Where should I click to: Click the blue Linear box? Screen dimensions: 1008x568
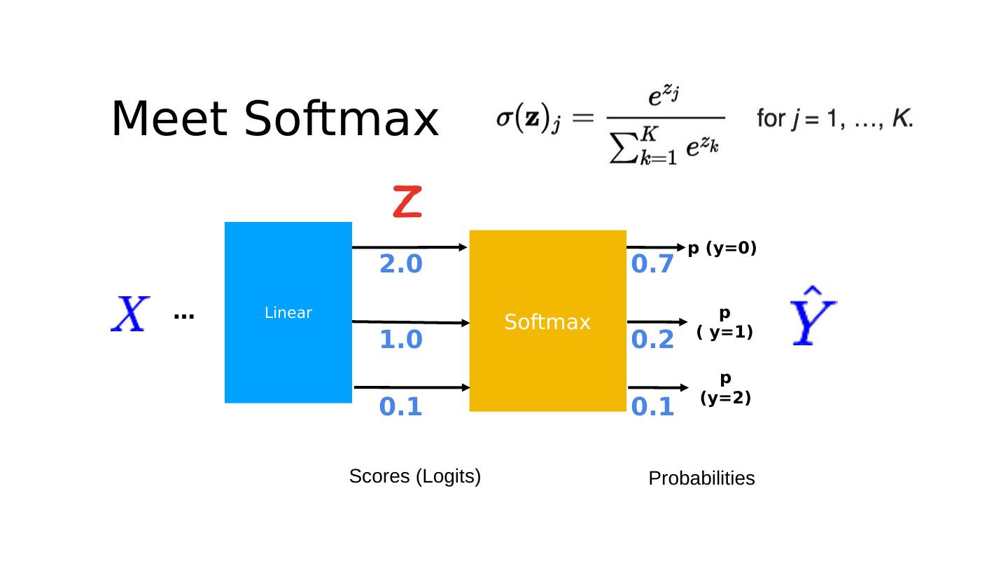tap(288, 312)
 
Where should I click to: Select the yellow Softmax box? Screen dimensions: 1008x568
tap(547, 321)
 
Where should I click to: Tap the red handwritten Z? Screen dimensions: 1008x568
tap(407, 202)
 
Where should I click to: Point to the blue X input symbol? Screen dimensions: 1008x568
tap(130, 314)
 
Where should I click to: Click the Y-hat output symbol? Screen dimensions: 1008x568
tap(813, 316)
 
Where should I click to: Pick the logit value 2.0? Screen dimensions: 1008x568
tap(400, 265)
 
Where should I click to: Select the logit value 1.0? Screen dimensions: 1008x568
tap(400, 340)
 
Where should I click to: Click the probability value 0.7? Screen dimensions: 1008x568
tap(652, 265)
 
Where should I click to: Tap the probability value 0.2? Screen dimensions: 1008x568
tap(652, 340)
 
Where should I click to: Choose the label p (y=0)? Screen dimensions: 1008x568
tap(722, 249)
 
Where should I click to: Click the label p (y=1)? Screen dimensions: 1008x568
tap(724, 323)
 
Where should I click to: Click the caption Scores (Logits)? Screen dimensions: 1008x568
tap(414, 477)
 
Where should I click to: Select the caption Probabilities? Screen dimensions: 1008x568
tap(701, 478)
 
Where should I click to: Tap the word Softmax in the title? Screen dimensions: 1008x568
tap(341, 119)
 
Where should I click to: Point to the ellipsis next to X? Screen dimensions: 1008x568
tap(183, 317)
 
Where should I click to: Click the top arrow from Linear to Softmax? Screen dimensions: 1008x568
tap(409, 247)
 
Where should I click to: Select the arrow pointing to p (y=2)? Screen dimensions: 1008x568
tap(657, 387)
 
